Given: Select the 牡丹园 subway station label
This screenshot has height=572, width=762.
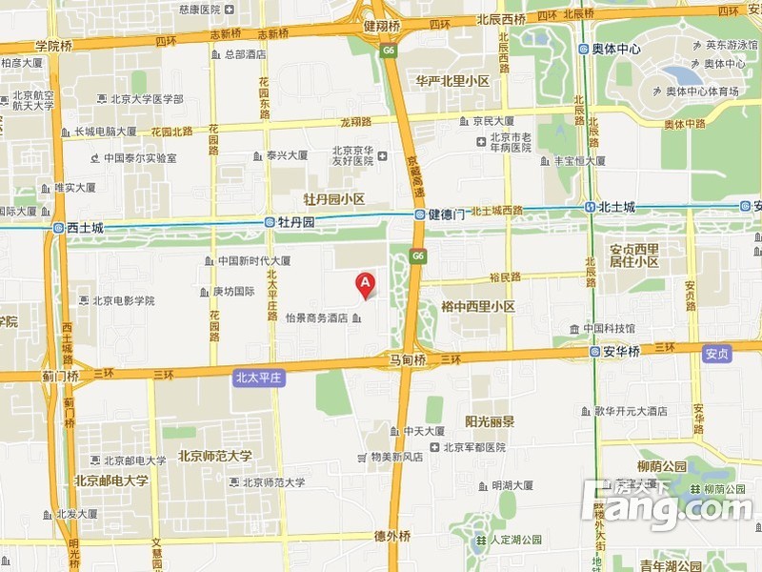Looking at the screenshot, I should [295, 222].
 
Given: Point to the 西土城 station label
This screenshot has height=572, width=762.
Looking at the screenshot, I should [84, 229].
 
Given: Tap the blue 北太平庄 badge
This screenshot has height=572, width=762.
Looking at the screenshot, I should [259, 378].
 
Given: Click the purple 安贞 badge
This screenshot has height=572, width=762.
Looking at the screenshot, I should [716, 354].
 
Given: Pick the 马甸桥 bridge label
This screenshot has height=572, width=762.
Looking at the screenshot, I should [408, 360].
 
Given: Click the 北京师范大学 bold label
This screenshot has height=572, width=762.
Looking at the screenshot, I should [215, 456].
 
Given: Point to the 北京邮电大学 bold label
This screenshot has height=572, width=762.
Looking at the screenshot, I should [111, 480].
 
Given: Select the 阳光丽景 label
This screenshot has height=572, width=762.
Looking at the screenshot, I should [490, 421].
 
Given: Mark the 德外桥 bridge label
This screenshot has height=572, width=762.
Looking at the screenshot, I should [391, 536].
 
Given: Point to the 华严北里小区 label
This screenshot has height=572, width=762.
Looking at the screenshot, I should [452, 82].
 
